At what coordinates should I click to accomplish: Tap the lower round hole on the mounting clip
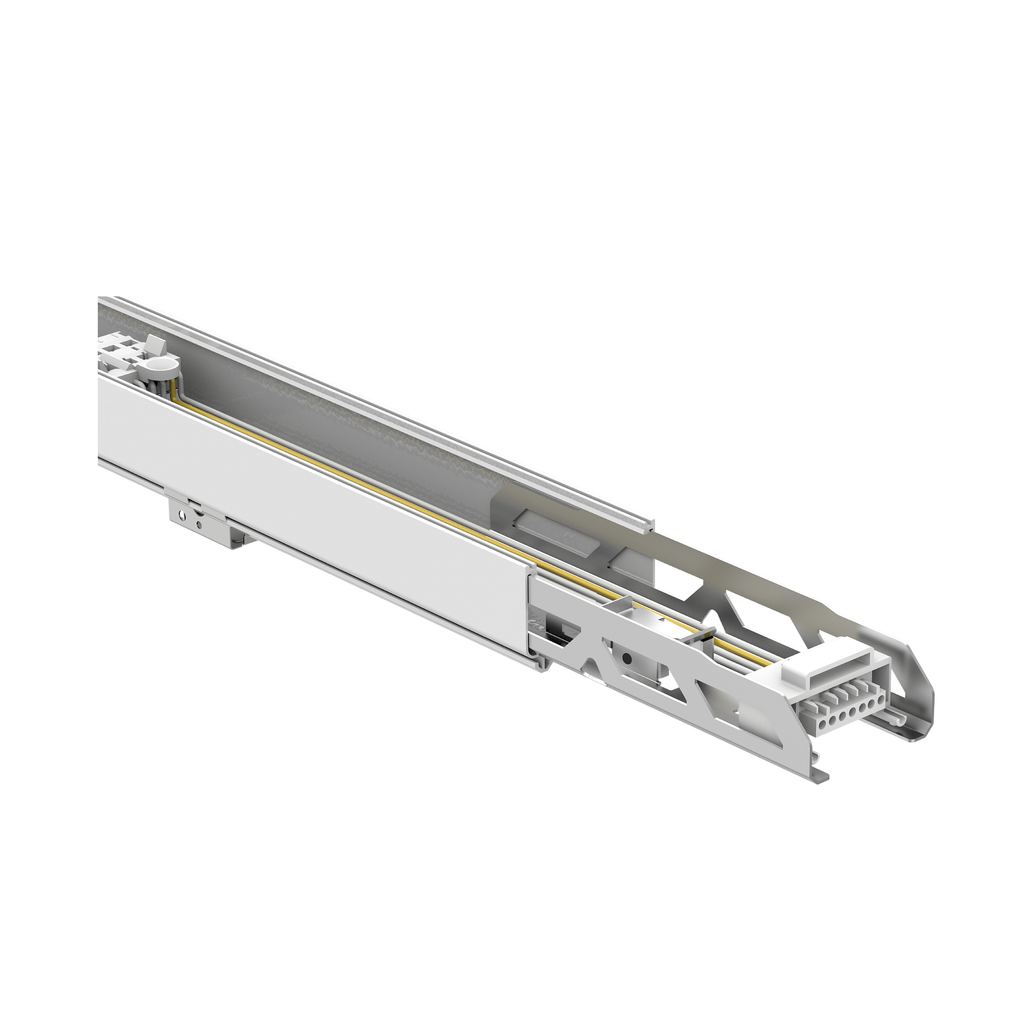pyautogui.click(x=198, y=525)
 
